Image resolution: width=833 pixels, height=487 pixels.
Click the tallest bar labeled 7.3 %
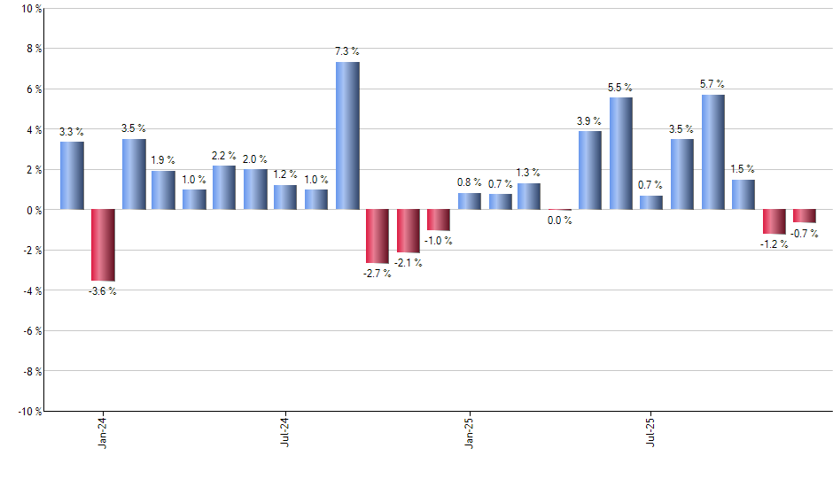coord(347,135)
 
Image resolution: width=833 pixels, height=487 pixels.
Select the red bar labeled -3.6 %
coord(103,245)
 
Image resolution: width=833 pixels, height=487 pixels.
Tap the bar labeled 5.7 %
coord(713,152)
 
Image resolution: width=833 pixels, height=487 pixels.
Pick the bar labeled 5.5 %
coord(621,154)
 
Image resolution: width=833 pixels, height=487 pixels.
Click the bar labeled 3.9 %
coord(590,170)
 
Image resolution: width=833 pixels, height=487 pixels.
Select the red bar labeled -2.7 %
coord(378,236)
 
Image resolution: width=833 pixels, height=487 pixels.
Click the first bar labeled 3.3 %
coord(72,175)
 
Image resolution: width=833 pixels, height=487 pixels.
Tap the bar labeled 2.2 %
coord(224,188)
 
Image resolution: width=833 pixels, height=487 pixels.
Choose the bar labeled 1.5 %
coord(743,195)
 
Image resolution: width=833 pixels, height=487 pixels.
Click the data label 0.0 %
coord(559,220)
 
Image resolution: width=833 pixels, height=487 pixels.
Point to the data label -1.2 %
coord(774,243)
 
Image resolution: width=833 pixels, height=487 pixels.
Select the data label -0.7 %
coord(805,233)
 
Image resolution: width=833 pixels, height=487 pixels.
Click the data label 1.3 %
coord(529,173)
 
